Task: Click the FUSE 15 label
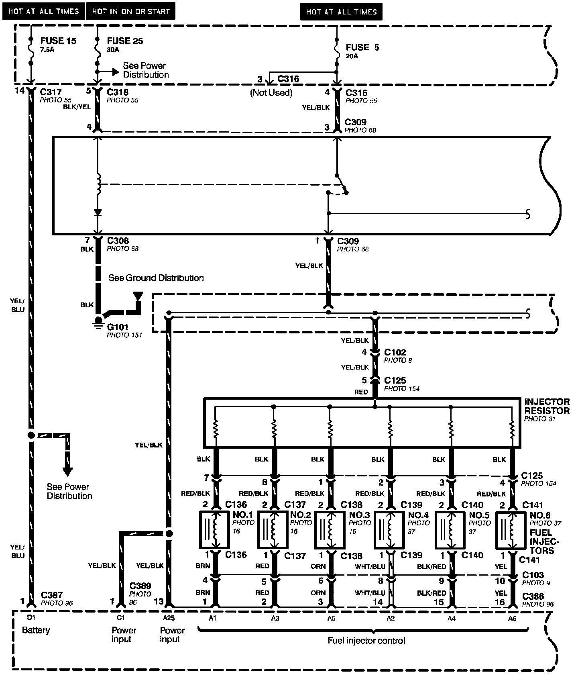(x=58, y=41)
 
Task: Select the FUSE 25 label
(x=125, y=41)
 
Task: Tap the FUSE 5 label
(x=362, y=47)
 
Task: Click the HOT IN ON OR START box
(x=131, y=12)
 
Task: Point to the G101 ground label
(x=118, y=327)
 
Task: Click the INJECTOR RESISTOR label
(x=547, y=406)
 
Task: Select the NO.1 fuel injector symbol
(x=214, y=529)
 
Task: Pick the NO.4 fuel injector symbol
(x=389, y=530)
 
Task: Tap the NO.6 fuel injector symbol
(x=511, y=530)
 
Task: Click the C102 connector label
(x=395, y=352)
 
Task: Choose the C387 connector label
(x=51, y=595)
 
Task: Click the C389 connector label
(x=140, y=586)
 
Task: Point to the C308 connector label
(x=118, y=241)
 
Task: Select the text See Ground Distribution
(x=156, y=278)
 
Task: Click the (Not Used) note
(x=271, y=93)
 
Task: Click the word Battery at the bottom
(x=36, y=630)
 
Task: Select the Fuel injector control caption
(x=366, y=641)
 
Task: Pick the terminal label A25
(x=169, y=619)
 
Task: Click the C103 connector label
(x=533, y=575)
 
